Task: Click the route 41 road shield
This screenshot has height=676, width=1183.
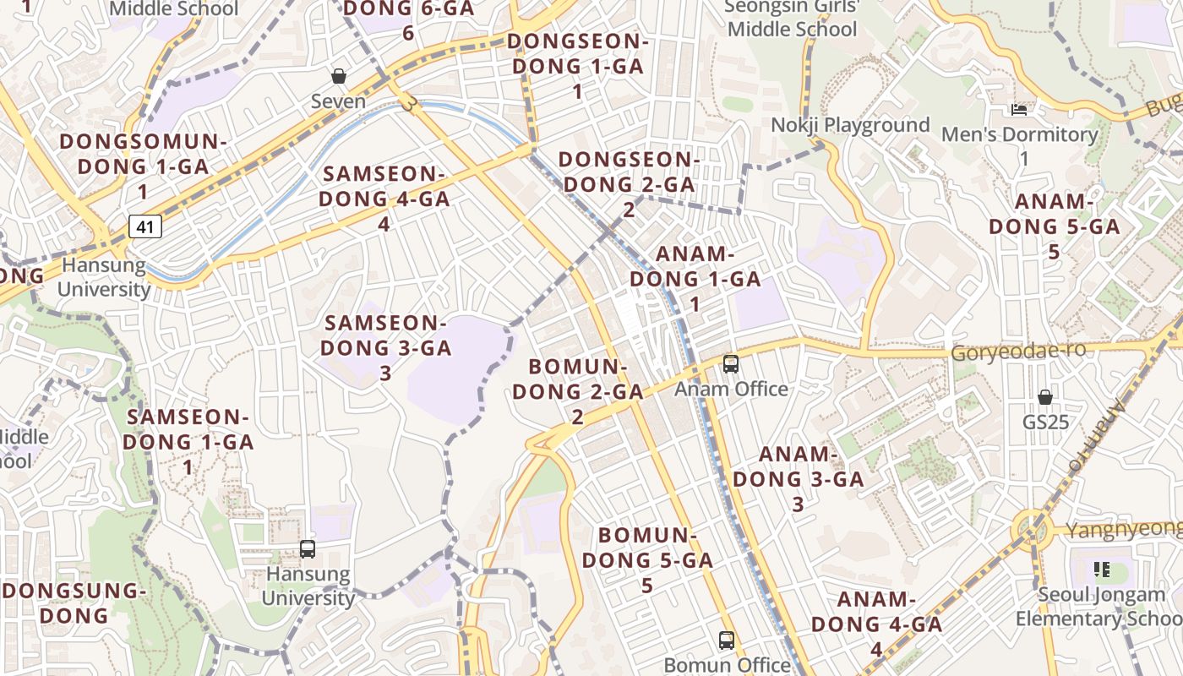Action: click(145, 226)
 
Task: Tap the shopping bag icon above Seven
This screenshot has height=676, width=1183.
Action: click(339, 77)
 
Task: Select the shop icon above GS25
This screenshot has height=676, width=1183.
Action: click(1045, 397)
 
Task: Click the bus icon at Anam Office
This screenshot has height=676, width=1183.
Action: click(731, 364)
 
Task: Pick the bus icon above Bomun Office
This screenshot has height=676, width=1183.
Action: click(727, 640)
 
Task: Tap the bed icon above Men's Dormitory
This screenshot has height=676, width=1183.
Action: click(1019, 110)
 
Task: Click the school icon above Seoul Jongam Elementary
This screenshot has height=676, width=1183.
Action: click(1100, 570)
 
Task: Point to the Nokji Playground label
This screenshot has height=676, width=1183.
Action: click(849, 125)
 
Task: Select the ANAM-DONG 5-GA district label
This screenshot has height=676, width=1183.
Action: click(1054, 226)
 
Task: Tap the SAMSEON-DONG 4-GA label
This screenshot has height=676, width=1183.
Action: click(385, 199)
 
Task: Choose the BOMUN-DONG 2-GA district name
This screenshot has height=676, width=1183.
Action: click(577, 391)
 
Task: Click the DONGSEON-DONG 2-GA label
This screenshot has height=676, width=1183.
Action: click(628, 183)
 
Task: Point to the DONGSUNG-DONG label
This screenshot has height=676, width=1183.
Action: click(74, 602)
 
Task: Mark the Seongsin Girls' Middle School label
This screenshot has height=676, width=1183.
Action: click(792, 19)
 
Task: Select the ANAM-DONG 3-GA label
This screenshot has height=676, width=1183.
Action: click(798, 478)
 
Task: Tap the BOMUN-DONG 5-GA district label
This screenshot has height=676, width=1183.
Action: click(647, 559)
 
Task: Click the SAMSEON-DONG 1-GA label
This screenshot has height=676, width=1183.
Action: click(188, 441)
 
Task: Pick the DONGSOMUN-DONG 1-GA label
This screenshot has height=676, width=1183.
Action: click(143, 166)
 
